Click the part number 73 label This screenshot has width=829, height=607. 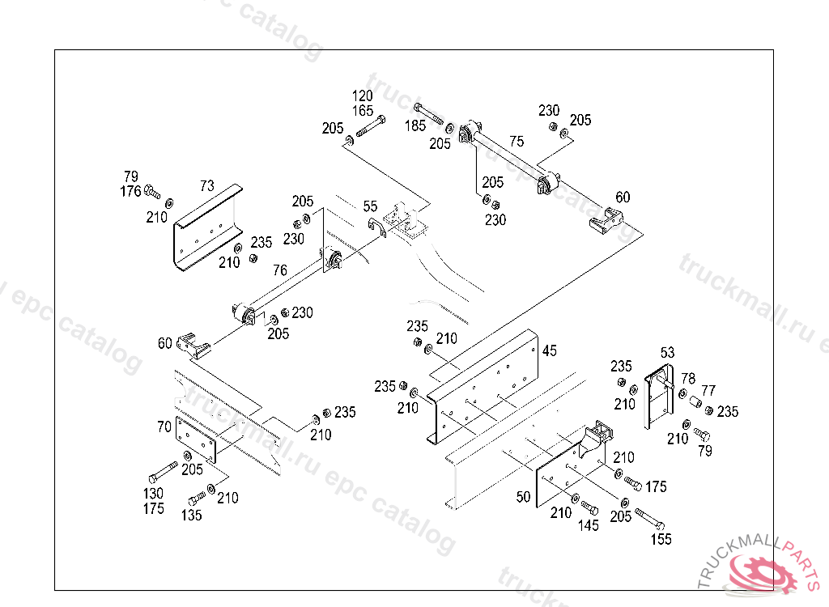pyautogui.click(x=207, y=185)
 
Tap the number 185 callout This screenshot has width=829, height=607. pyautogui.click(x=415, y=125)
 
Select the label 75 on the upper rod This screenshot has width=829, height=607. pyautogui.click(x=517, y=141)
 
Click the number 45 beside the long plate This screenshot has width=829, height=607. pyautogui.click(x=550, y=350)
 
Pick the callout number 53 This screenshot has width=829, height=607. pyautogui.click(x=667, y=352)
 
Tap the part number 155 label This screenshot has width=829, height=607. pyautogui.click(x=661, y=539)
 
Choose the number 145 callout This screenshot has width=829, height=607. pyautogui.click(x=589, y=525)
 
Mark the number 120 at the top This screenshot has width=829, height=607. pyautogui.click(x=363, y=96)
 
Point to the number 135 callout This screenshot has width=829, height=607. pyautogui.click(x=191, y=515)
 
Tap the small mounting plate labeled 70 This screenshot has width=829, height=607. pyautogui.click(x=196, y=440)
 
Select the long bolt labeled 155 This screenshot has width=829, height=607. pyautogui.click(x=650, y=517)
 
